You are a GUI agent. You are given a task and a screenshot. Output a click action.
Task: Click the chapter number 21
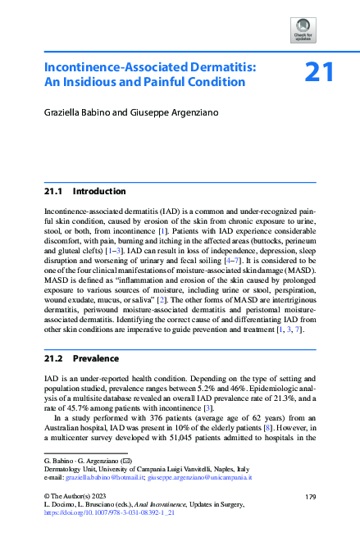[318, 73]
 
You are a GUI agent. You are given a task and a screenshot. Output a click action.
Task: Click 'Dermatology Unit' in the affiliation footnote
[69, 466]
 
